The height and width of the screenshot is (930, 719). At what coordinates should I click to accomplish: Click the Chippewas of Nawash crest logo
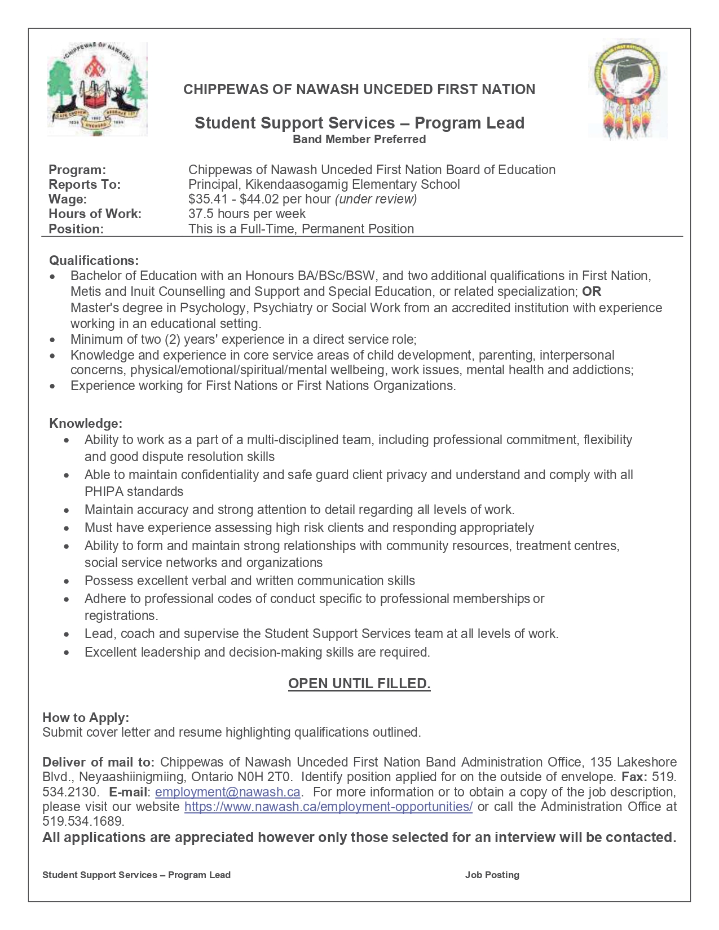click(97, 89)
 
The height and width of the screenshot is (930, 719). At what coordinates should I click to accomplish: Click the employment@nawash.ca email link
click(227, 792)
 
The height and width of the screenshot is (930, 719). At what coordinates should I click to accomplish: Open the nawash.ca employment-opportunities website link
click(328, 807)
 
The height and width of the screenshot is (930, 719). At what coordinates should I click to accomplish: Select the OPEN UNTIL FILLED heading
click(359, 684)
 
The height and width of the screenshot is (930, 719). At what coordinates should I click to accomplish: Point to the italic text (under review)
click(376, 199)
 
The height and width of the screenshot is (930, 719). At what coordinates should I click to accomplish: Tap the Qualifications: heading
click(94, 260)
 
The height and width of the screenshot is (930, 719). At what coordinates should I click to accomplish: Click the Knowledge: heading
click(86, 423)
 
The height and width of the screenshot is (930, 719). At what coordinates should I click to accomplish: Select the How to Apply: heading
click(86, 718)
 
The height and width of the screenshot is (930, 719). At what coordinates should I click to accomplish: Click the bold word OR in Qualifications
click(592, 291)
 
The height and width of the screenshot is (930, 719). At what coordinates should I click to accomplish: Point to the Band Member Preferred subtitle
click(359, 139)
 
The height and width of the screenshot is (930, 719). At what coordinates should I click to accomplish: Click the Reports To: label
click(85, 184)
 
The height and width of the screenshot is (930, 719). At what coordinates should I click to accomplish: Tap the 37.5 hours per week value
click(247, 214)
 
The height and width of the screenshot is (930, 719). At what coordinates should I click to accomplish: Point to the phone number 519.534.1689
click(83, 821)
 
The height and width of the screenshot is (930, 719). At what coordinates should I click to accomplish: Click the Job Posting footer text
click(492, 875)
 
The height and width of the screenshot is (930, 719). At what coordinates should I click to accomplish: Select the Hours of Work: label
click(95, 214)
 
